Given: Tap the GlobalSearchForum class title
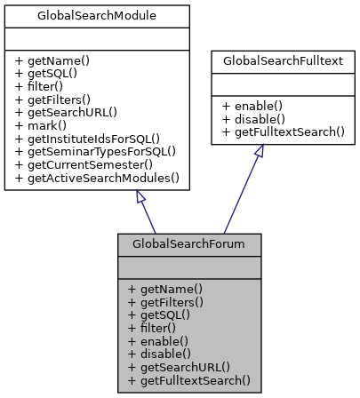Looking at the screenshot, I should (x=188, y=243).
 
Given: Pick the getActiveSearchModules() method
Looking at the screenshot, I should (x=97, y=178).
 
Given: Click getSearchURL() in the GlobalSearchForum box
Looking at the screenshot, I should (x=179, y=363).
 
